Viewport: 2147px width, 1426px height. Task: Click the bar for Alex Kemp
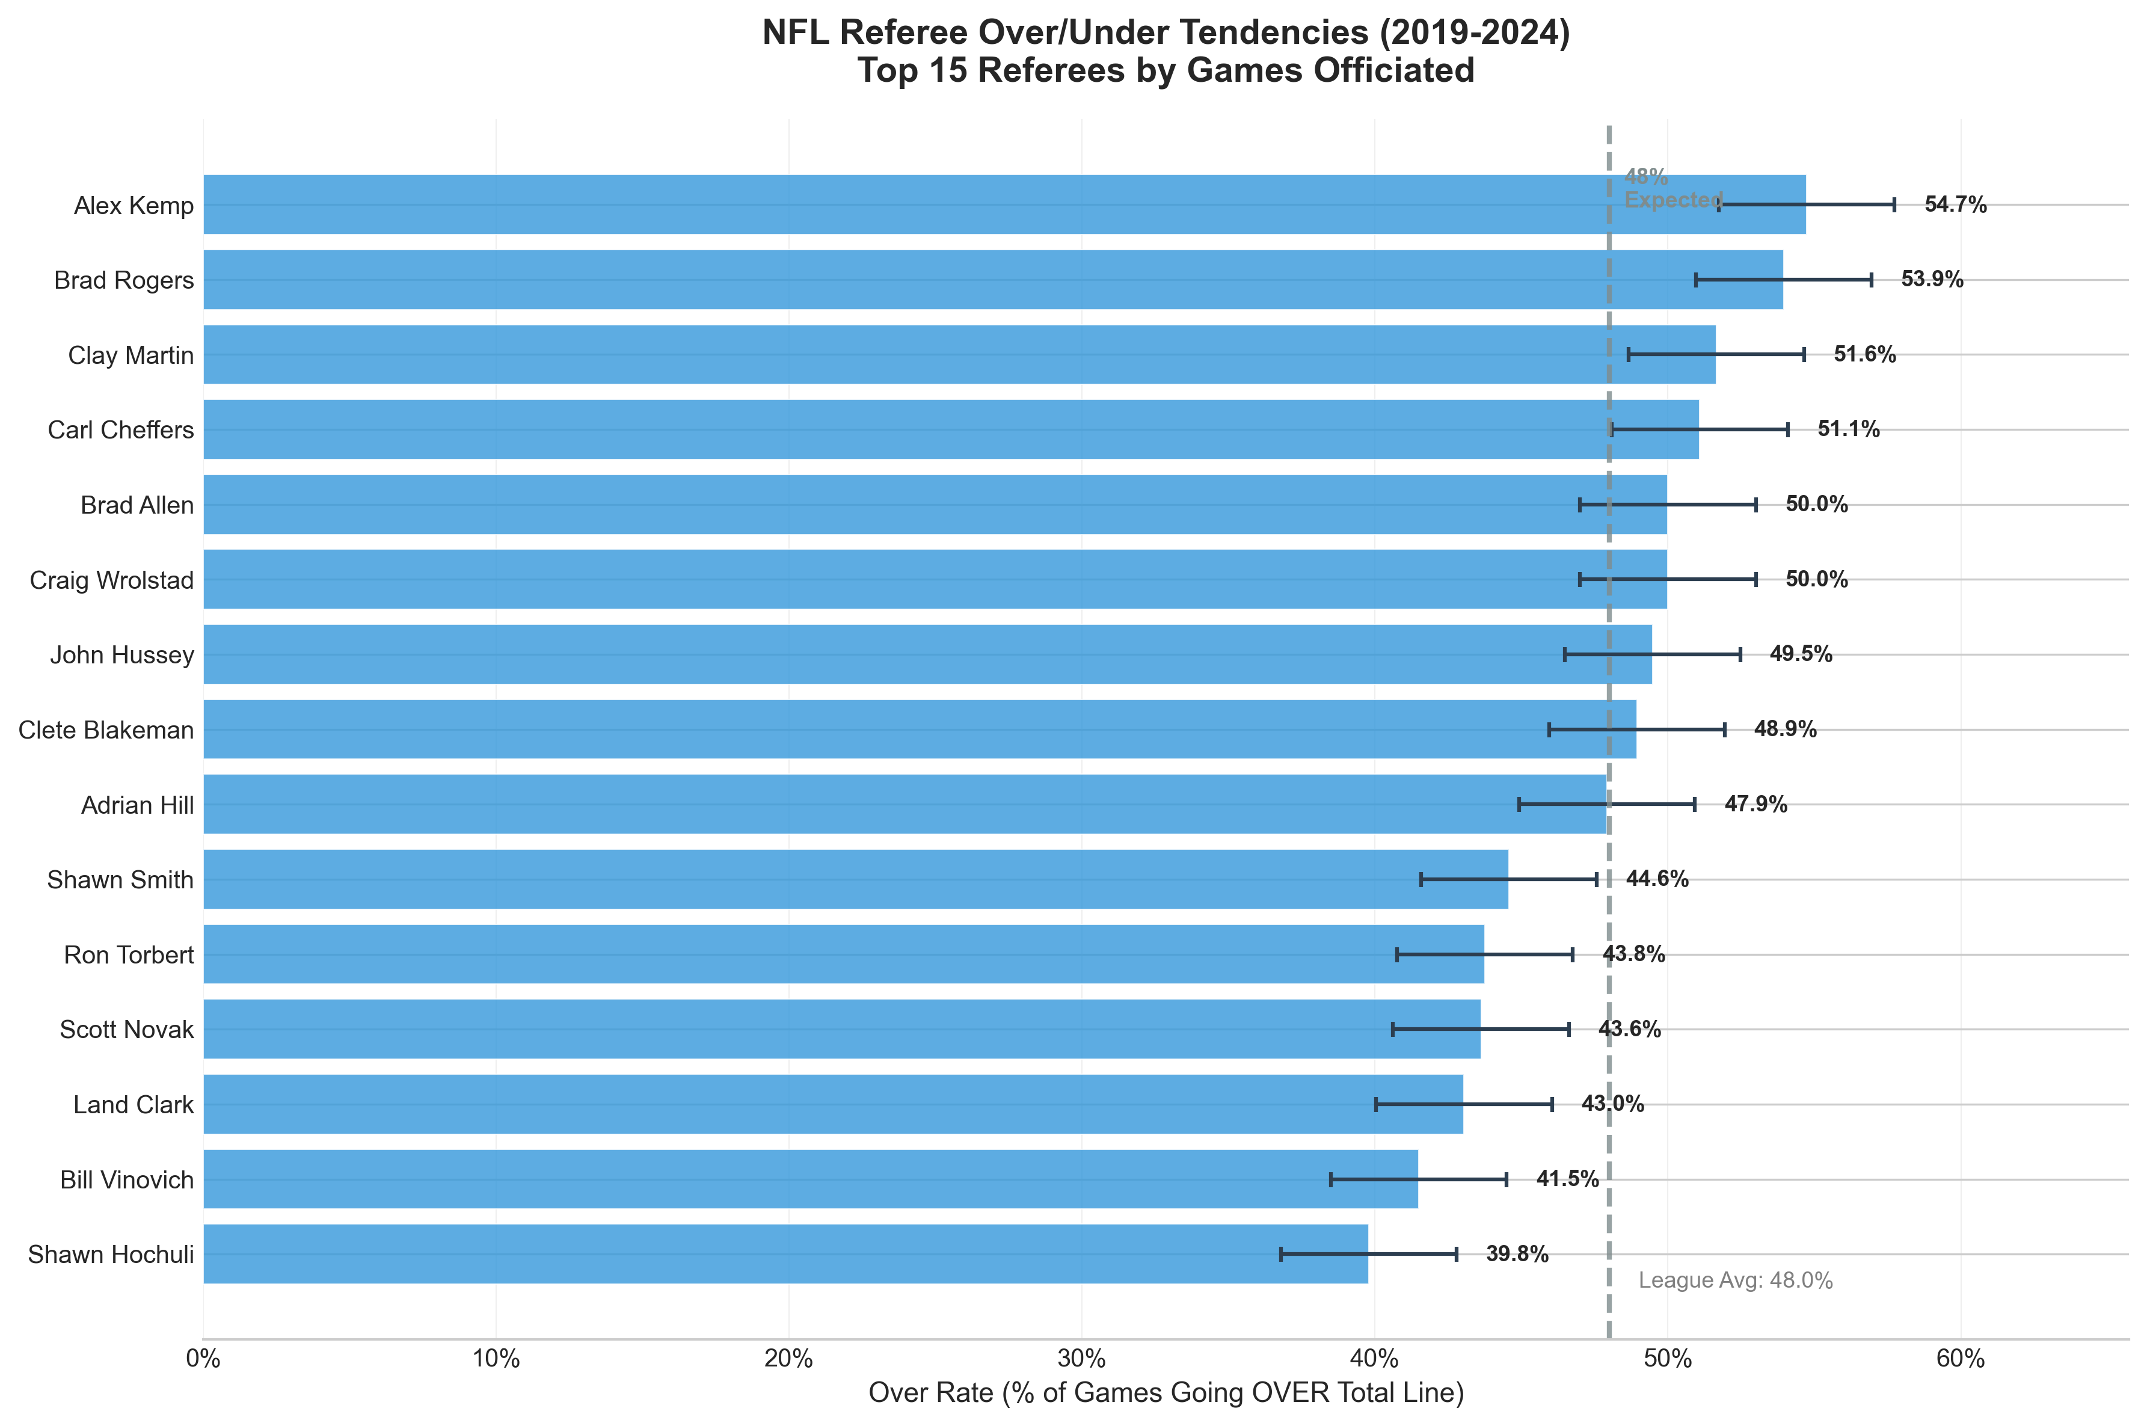1000,204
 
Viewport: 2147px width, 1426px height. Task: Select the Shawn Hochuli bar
782,1254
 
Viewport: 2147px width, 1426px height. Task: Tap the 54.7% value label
1955,204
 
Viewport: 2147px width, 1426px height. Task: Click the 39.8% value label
1517,1254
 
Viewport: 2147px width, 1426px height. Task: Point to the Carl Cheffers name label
121,429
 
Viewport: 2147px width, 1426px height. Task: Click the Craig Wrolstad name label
112,579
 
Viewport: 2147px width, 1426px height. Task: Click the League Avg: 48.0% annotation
1735,1280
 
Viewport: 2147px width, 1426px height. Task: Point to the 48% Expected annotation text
1671,188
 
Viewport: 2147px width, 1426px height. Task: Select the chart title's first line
1166,32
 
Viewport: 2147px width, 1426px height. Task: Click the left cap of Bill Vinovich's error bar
1330,1179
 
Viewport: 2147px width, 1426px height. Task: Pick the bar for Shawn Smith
855,879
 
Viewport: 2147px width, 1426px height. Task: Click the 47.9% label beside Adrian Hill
1755,804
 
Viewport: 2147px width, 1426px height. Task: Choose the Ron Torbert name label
129,955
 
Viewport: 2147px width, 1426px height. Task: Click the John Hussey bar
927,654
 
